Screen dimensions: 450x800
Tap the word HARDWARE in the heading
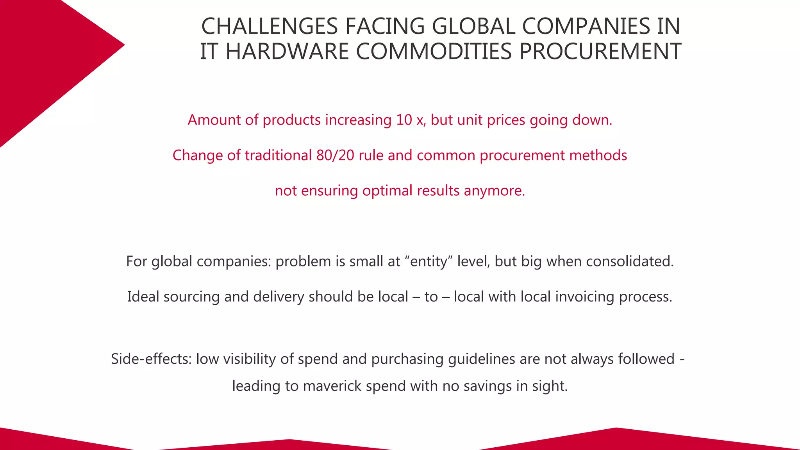point(287,52)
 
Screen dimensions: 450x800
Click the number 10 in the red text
point(404,120)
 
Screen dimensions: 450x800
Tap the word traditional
point(278,155)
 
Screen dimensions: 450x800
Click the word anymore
point(494,191)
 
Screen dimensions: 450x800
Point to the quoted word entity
point(429,261)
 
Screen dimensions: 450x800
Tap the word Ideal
point(143,297)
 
